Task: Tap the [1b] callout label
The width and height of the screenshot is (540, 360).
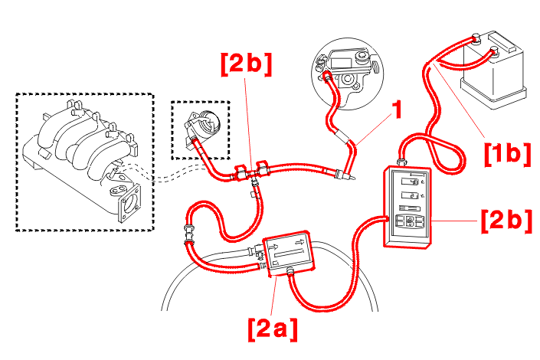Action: coord(507,153)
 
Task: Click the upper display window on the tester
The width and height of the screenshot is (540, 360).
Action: coord(411,182)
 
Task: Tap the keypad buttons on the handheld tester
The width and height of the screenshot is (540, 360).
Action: coord(411,223)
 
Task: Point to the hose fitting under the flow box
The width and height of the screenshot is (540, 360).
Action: coord(290,270)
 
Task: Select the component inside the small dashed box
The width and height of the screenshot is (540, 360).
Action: coord(201,126)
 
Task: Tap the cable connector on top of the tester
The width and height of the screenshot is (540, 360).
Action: coord(401,162)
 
